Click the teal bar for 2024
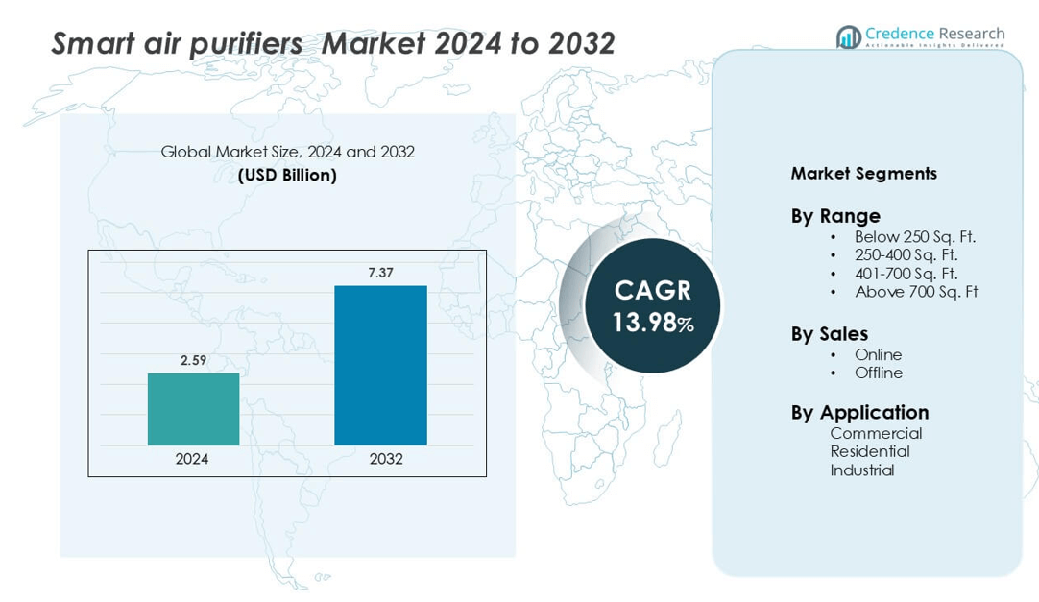coord(193,409)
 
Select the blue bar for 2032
coord(380,365)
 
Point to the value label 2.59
coord(193,361)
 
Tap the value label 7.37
coord(380,273)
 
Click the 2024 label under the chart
coord(192,459)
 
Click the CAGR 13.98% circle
coord(653,305)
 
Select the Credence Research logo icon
coord(848,37)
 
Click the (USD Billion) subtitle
coord(288,176)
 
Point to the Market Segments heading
coord(863,174)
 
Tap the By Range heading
coord(835,216)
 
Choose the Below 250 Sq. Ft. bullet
coord(914,236)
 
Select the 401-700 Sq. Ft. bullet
coord(906,274)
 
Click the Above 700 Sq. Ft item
coord(915,292)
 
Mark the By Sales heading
coord(830,334)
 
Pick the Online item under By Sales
coord(878,354)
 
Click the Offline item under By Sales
coord(879,373)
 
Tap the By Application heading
coord(859,413)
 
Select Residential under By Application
coord(870,451)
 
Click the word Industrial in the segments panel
coord(862,470)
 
